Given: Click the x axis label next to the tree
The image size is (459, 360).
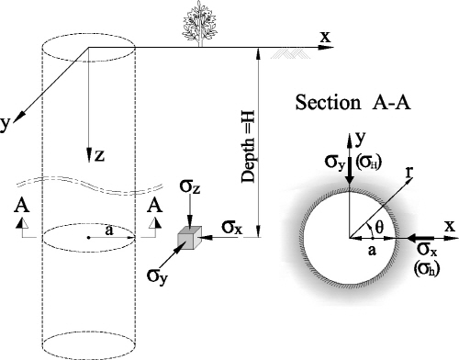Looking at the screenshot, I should pos(325,36).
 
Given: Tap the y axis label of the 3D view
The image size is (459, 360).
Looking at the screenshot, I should pos(6,125).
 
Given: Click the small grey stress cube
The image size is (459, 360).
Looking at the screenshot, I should pos(188,238).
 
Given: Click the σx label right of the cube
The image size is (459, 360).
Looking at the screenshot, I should pos(231,223).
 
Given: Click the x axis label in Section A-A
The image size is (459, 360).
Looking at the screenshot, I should pos(449,224).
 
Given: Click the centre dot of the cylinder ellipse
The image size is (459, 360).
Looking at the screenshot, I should pos(87,238).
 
